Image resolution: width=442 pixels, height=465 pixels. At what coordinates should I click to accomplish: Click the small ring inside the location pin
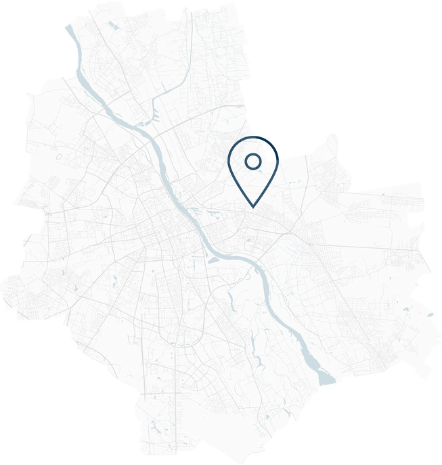click(252, 161)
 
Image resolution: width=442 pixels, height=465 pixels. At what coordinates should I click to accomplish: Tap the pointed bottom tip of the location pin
click(253, 205)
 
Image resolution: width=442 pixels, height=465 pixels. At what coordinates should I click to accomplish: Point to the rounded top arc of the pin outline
click(253, 139)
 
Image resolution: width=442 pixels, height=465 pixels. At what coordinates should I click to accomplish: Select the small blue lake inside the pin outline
click(261, 170)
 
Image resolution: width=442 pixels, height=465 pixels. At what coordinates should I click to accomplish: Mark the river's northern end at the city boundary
click(68, 28)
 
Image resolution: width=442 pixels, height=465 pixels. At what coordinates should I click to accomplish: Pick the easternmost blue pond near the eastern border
click(428, 313)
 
